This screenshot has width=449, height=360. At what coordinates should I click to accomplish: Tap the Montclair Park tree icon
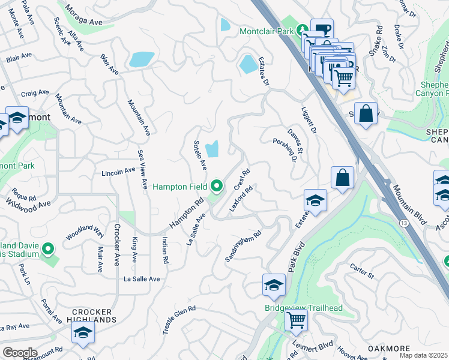[304, 29]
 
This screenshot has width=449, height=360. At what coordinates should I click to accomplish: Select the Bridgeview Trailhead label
[304, 308]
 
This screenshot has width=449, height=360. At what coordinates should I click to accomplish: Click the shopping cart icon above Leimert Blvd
[296, 321]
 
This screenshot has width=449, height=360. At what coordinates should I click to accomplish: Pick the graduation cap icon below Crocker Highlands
[83, 334]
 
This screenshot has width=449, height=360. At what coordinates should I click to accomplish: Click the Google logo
[20, 353]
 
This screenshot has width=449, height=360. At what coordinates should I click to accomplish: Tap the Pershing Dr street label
[286, 150]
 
